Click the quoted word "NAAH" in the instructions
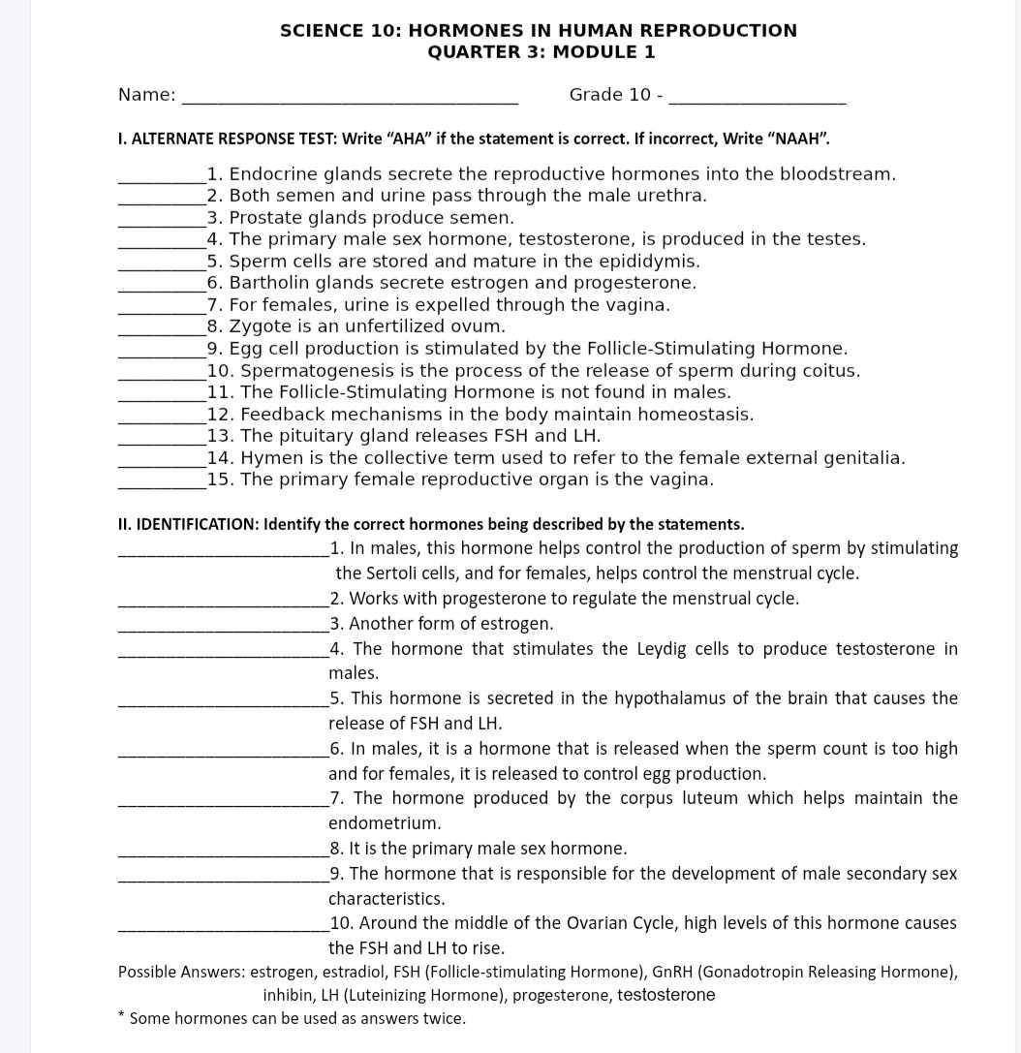pyautogui.click(x=797, y=139)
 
